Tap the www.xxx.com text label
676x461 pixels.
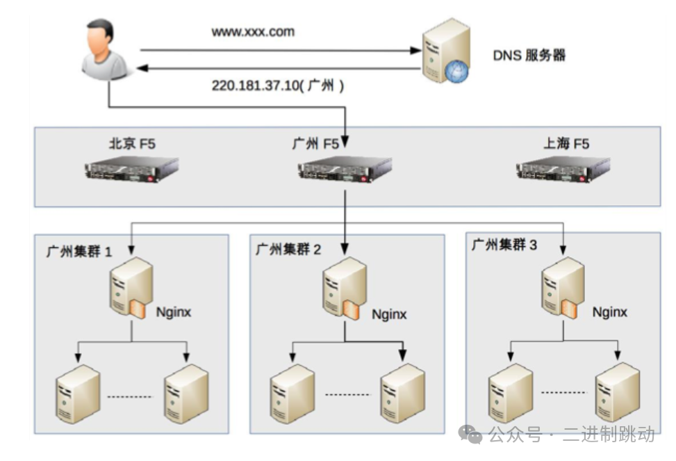(x=253, y=31)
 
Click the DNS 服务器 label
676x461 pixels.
(x=529, y=56)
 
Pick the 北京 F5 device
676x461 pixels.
(x=132, y=169)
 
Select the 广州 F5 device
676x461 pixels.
(x=345, y=169)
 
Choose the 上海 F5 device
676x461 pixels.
(x=563, y=169)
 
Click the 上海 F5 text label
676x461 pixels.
(x=566, y=144)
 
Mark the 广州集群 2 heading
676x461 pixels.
(x=288, y=249)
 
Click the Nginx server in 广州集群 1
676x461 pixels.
(x=129, y=287)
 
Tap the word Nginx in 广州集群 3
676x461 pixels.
(x=609, y=312)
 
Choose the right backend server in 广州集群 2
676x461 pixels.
(x=402, y=391)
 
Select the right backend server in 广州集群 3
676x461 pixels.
(x=617, y=391)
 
